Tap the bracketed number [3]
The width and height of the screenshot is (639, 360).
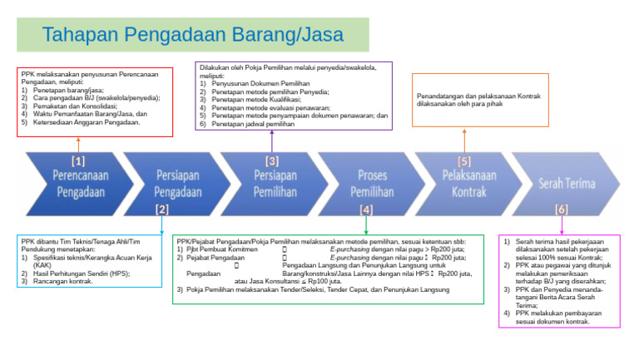(272, 160)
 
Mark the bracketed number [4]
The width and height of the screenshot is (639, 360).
(366, 210)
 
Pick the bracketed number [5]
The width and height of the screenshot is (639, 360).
(464, 160)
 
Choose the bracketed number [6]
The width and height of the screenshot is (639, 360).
(562, 210)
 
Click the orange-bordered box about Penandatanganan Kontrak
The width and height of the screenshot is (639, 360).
(480, 100)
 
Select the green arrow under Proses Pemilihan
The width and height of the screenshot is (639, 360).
(365, 224)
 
